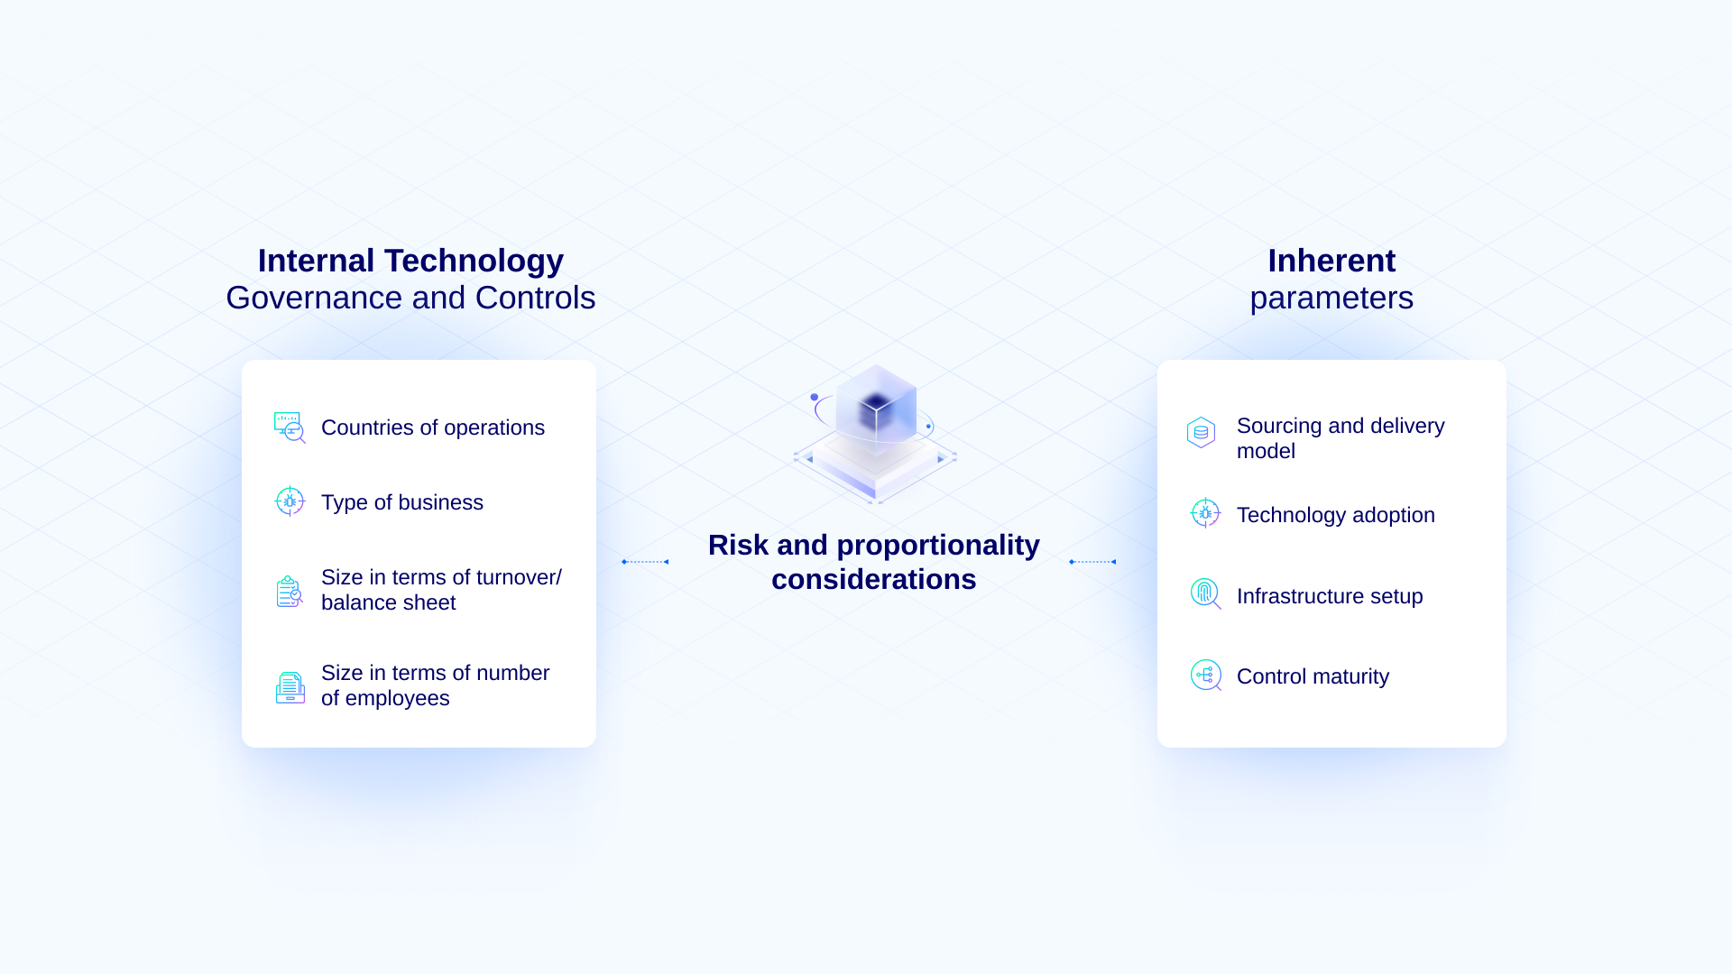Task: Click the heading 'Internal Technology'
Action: (x=410, y=261)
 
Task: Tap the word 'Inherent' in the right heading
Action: (x=1331, y=261)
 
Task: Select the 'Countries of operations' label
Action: (x=433, y=427)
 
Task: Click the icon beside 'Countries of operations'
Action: (x=290, y=427)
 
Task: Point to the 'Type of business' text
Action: (x=402, y=502)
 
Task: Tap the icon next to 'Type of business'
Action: (x=290, y=501)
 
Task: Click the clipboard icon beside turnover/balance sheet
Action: (x=289, y=592)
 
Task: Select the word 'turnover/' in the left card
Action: (x=519, y=577)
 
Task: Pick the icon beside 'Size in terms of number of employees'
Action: (x=290, y=687)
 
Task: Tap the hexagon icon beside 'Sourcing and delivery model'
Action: (x=1201, y=433)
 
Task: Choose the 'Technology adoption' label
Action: (x=1336, y=515)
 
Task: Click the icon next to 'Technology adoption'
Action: (x=1205, y=513)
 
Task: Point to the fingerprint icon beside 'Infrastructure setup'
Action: (x=1205, y=593)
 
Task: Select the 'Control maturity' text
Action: (x=1313, y=676)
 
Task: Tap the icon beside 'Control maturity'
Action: (x=1206, y=675)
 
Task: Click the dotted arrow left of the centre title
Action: (x=645, y=562)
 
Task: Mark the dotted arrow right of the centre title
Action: (x=1092, y=562)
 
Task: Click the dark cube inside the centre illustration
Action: (x=875, y=411)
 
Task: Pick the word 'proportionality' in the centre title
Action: (x=938, y=546)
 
